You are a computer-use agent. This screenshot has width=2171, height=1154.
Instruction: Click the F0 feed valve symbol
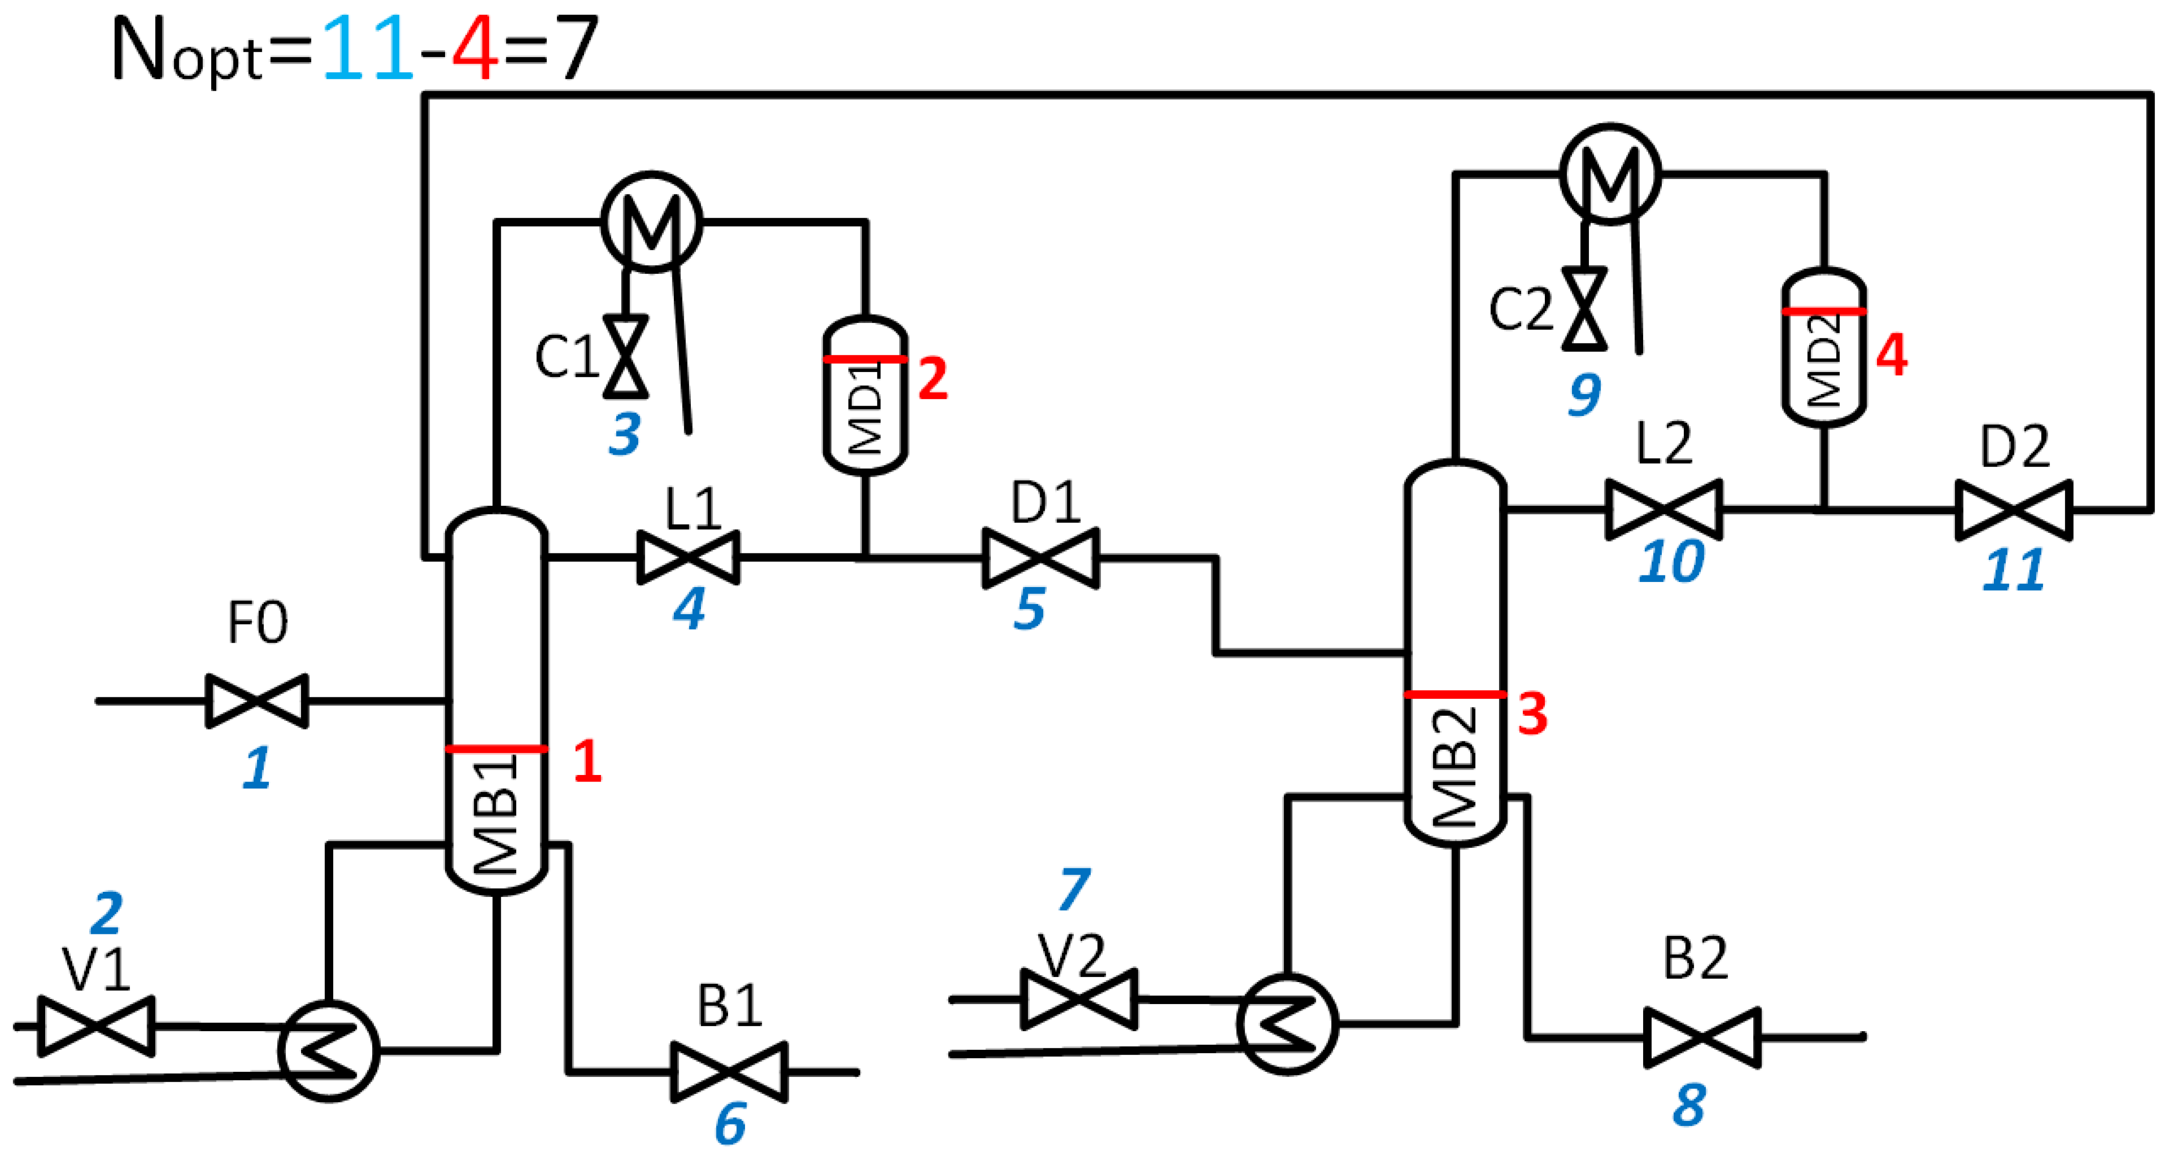coord(257,701)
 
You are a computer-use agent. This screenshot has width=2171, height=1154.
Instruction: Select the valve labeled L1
coord(688,557)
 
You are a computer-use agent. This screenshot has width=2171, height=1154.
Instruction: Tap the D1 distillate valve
coord(1041,557)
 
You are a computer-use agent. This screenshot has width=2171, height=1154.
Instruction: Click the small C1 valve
coord(625,356)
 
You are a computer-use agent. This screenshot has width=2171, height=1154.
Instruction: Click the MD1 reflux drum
coord(864,396)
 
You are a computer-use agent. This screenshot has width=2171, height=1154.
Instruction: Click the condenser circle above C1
coord(651,222)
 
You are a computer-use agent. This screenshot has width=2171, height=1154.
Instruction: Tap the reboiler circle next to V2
coord(1287,1024)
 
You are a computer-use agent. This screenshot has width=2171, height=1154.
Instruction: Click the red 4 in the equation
coord(475,49)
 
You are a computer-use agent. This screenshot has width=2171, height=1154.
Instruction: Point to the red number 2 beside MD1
coord(932,379)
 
